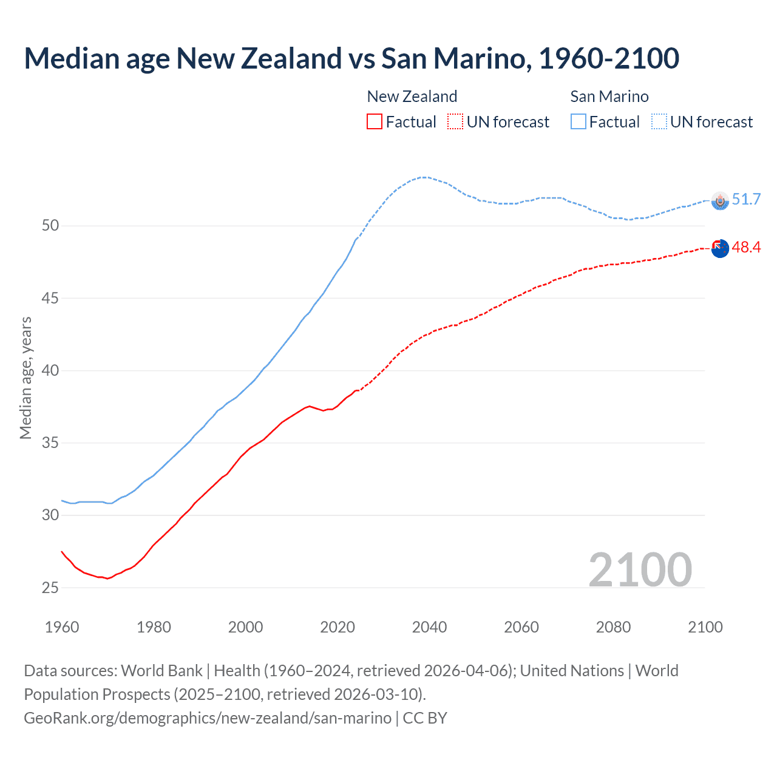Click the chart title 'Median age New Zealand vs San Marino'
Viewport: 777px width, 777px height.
(351, 58)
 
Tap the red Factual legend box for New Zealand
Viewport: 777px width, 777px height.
(375, 121)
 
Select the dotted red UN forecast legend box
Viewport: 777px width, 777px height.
(455, 121)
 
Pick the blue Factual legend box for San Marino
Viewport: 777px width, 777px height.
(579, 121)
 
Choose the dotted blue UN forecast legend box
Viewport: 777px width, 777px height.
(659, 121)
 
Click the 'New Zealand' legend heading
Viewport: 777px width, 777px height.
(412, 97)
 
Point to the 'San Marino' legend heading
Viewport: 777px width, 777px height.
(609, 97)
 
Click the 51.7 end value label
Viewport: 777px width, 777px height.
(746, 199)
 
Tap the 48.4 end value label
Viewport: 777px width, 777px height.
(746, 247)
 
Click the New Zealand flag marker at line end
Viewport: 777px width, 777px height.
(720, 248)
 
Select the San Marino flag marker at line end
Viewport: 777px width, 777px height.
(720, 201)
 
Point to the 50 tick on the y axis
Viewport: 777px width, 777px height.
(50, 226)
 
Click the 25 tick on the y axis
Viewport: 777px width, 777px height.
(50, 588)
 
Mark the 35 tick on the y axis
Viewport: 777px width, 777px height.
(50, 443)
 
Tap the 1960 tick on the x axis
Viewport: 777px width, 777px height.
(62, 627)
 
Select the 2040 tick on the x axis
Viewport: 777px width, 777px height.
(429, 627)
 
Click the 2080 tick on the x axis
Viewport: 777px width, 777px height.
(613, 627)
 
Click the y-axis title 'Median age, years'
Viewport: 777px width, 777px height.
(25, 378)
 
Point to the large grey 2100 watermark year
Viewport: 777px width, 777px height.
(640, 569)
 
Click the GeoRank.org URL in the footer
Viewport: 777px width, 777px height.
(208, 718)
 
